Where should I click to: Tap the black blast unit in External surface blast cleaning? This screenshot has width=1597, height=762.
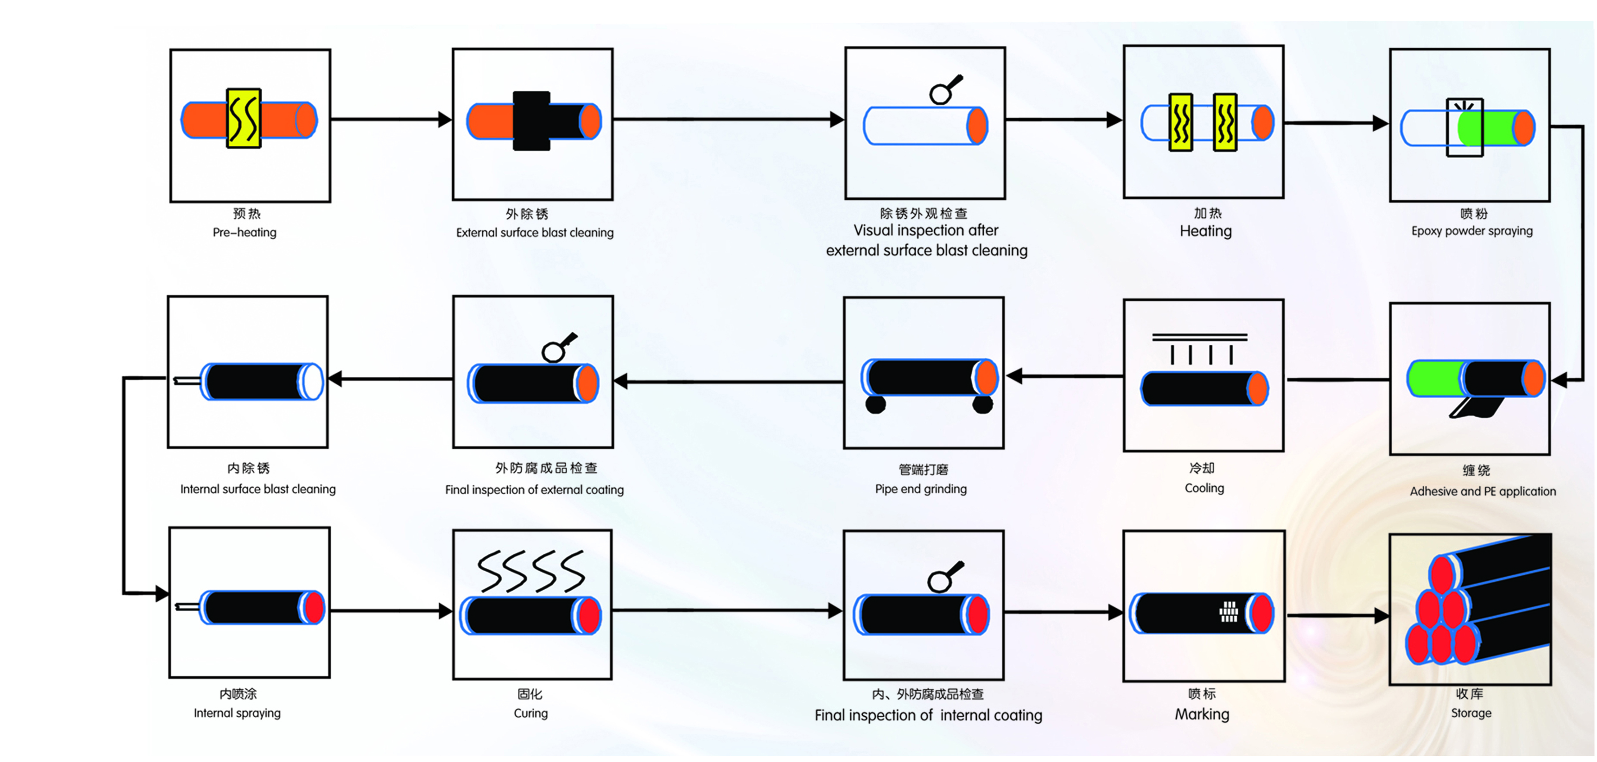(x=531, y=121)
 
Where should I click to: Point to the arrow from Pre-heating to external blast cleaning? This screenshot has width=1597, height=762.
(x=391, y=119)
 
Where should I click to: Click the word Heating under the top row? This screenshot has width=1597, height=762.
(x=1205, y=231)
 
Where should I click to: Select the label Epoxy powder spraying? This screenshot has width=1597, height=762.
(x=1472, y=231)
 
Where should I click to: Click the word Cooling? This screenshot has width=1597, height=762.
(x=1204, y=488)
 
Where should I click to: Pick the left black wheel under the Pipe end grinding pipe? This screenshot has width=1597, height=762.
(x=875, y=405)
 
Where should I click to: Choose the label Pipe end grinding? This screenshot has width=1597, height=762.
(x=921, y=489)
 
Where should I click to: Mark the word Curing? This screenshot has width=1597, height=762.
(x=531, y=713)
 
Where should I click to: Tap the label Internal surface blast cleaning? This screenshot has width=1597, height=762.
(x=258, y=489)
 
